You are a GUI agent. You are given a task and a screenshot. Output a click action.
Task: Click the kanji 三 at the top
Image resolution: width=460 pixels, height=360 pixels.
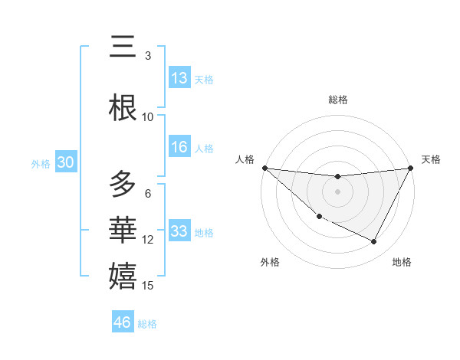pyautogui.click(x=123, y=47)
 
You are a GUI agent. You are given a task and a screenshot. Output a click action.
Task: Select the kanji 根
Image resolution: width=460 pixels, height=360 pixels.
pyautogui.click(x=123, y=108)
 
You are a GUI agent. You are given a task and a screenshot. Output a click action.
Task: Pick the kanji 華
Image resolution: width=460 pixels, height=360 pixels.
pyautogui.click(x=123, y=231)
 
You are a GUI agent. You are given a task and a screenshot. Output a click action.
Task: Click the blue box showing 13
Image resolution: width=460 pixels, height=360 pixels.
pyautogui.click(x=179, y=78)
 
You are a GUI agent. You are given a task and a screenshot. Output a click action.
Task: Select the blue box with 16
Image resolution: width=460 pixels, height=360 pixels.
pyautogui.click(x=179, y=147)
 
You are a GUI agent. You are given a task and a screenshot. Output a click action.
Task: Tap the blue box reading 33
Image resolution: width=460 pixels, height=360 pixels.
pyautogui.click(x=179, y=231)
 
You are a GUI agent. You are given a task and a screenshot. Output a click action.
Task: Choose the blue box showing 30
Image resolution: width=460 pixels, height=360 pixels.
pyautogui.click(x=65, y=162)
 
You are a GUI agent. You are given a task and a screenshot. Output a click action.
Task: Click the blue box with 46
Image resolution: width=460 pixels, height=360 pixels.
pyautogui.click(x=123, y=322)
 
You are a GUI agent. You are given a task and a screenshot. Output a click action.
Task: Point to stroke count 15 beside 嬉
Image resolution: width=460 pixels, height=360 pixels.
pyautogui.click(x=149, y=286)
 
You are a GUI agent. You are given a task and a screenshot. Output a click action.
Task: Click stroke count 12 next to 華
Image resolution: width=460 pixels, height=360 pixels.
pyautogui.click(x=148, y=240)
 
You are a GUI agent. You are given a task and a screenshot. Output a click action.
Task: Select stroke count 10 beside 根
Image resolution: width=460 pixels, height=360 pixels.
pyautogui.click(x=148, y=116)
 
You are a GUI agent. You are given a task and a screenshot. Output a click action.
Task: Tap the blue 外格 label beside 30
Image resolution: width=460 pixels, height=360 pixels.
pyautogui.click(x=41, y=163)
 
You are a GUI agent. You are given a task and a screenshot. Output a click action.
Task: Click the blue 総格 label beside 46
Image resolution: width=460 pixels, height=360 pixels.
pyautogui.click(x=147, y=323)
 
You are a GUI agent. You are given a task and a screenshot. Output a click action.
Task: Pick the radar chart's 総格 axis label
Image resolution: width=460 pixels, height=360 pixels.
pyautogui.click(x=338, y=100)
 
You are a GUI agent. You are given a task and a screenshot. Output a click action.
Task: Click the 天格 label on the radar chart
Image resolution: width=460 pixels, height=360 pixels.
pyautogui.click(x=431, y=159)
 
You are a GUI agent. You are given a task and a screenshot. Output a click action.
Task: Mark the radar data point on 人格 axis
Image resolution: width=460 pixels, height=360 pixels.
pyautogui.click(x=264, y=168)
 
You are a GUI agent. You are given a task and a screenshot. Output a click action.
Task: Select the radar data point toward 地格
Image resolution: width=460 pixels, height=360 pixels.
pyautogui.click(x=373, y=242)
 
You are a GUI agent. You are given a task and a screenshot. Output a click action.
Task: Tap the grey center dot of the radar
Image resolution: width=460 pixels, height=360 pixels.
pyautogui.click(x=337, y=191)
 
